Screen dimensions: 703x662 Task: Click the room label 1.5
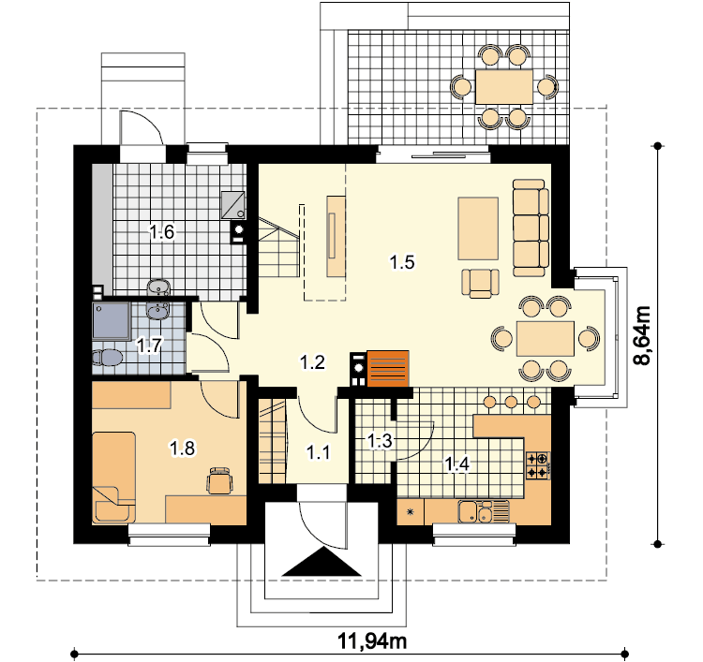click(402, 262)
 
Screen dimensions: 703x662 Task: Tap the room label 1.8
click(183, 448)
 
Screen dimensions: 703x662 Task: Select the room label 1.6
click(161, 232)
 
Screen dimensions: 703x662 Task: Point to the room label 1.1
click(319, 452)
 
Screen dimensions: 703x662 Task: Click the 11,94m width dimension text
click(372, 641)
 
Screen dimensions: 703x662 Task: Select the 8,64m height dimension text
click(642, 335)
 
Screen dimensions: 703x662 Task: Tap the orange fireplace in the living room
click(388, 369)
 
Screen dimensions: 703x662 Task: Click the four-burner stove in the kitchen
click(538, 465)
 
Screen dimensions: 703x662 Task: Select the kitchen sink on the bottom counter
click(484, 511)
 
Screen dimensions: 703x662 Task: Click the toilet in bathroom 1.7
click(107, 358)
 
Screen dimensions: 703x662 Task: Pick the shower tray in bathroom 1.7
click(112, 320)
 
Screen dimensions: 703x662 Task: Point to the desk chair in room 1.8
click(219, 480)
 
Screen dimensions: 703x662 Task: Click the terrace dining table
click(504, 87)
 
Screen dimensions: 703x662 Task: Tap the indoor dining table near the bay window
click(546, 339)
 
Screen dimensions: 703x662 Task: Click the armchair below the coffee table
click(481, 283)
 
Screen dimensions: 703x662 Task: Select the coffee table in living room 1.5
click(478, 228)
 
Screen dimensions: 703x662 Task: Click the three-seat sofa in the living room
click(531, 228)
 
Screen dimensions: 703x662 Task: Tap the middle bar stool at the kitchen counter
click(511, 402)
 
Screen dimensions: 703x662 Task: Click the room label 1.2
click(312, 362)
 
